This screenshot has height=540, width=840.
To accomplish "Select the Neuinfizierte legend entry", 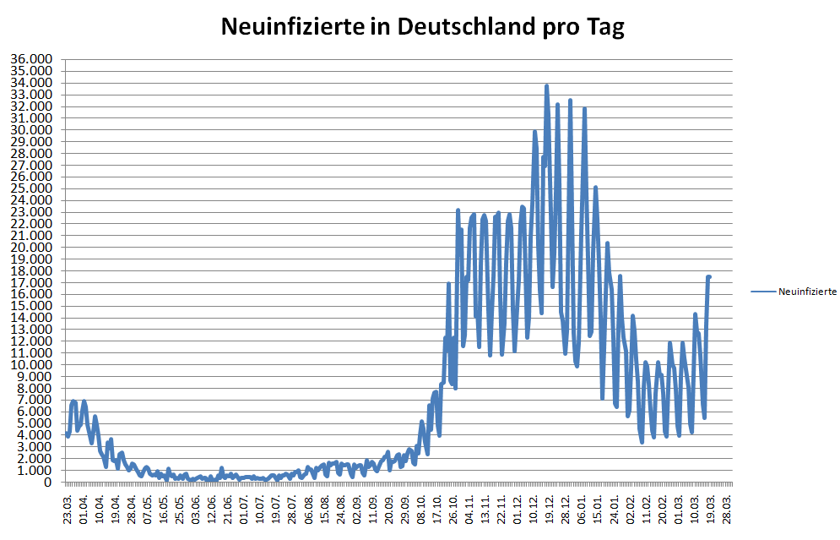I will coord(806,292).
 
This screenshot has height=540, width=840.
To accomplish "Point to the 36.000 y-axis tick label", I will coord(30,59).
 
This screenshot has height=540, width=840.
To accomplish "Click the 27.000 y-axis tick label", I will coord(30,165).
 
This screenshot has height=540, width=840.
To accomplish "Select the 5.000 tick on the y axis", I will coord(34,423).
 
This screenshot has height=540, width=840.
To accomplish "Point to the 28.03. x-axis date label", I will coord(729,510).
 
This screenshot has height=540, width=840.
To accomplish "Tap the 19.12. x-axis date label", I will coord(549,510).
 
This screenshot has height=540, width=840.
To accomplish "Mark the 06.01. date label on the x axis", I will coord(582,510).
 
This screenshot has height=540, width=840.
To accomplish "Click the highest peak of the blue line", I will coord(546,86).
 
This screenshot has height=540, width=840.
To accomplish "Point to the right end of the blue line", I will coord(710,276).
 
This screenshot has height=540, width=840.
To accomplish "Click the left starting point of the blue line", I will coord(67,433).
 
